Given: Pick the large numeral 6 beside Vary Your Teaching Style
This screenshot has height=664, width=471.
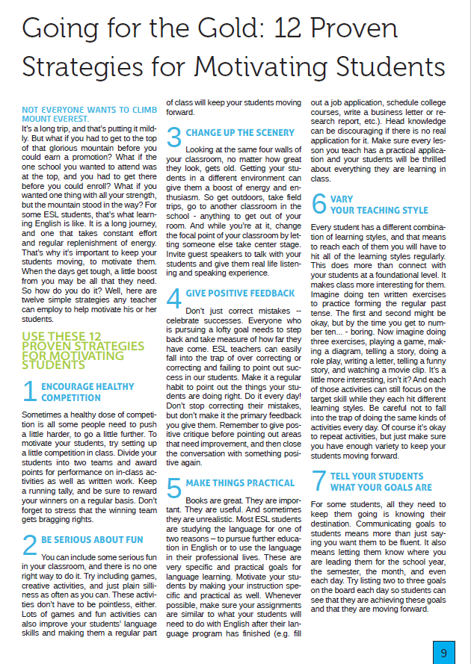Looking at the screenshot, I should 318,203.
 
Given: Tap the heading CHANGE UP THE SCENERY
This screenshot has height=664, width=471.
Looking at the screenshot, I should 239,132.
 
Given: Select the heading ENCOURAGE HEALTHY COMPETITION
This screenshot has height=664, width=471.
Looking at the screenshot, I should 87,392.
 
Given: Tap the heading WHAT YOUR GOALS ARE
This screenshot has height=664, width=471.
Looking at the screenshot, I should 381,487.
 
